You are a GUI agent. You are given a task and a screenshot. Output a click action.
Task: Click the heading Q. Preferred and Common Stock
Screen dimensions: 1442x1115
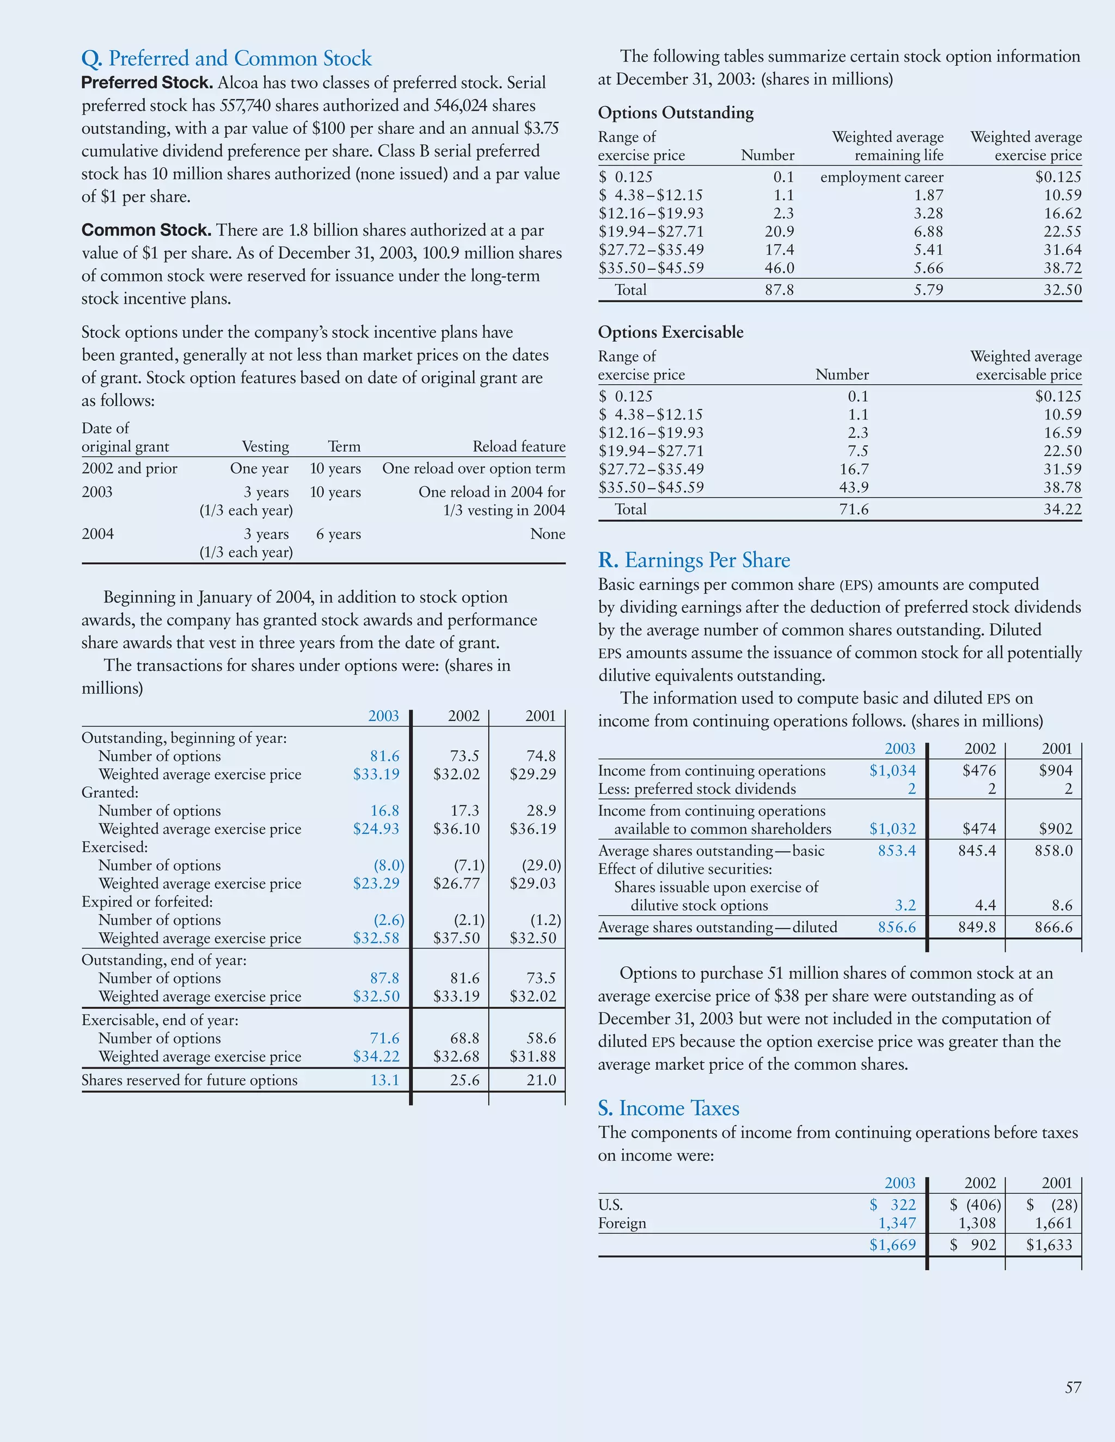point(226,59)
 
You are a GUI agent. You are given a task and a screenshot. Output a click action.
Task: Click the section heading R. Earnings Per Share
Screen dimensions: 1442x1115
point(694,560)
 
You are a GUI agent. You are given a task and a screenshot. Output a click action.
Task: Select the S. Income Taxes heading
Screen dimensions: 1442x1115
point(669,1108)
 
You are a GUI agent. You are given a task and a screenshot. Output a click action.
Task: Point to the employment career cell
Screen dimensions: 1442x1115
point(881,177)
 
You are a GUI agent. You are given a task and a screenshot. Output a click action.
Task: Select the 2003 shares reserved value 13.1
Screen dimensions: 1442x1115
point(384,1080)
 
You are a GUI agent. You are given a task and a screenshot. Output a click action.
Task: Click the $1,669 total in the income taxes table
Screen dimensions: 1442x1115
point(892,1244)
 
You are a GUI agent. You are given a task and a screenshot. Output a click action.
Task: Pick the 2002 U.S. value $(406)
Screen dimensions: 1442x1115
point(976,1204)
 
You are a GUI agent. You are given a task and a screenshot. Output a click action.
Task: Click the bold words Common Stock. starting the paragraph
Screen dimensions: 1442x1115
point(146,230)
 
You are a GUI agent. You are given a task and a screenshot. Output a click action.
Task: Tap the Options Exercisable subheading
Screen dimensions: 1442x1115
point(670,332)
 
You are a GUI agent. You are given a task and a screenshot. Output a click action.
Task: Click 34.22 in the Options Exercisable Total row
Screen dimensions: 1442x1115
point(1062,509)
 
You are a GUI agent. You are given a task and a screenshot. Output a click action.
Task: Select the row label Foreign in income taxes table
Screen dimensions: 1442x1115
point(622,1223)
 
